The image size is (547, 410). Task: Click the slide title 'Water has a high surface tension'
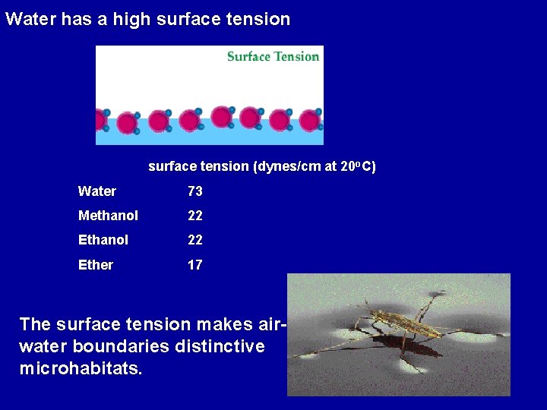[147, 19]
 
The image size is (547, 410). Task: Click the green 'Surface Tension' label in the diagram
[273, 56]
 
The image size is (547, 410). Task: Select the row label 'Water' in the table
[97, 191]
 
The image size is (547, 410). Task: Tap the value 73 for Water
[195, 191]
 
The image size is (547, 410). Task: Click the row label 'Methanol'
[108, 216]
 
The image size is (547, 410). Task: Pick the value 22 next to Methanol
[195, 216]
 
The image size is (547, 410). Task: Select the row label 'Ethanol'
[103, 240]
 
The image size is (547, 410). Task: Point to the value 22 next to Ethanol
[195, 240]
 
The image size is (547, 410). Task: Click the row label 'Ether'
[96, 265]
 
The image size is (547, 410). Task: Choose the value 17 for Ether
[195, 265]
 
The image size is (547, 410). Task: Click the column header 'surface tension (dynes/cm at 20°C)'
[261, 166]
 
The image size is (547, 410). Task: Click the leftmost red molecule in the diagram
[99, 120]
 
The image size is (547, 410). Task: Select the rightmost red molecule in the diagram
[309, 120]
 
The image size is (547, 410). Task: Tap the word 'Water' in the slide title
[30, 19]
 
